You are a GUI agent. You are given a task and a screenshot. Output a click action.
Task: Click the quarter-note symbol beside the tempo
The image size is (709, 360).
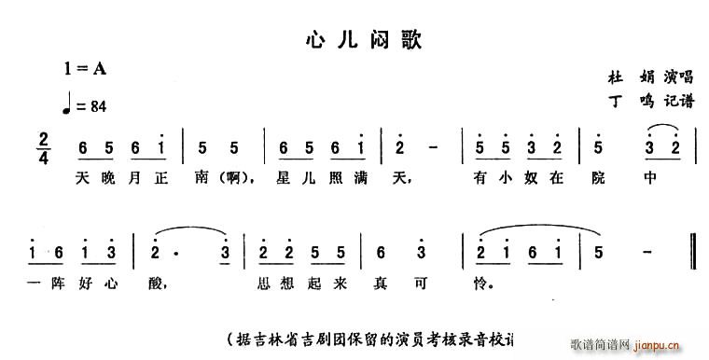67,104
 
